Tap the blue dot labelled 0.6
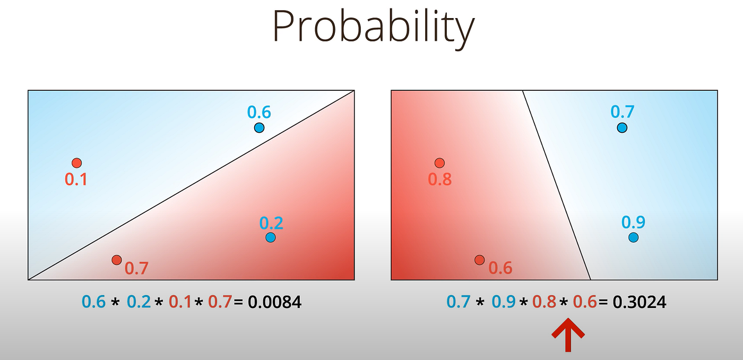click(259, 127)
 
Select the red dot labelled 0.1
click(76, 162)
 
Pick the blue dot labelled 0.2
click(271, 237)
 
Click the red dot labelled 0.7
click(117, 260)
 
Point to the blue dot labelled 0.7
click(622, 127)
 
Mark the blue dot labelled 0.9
click(633, 237)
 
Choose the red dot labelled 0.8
click(439, 162)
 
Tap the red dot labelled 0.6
click(480, 260)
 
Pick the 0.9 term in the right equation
click(504, 303)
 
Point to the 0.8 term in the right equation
click(544, 303)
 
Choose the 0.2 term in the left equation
click(139, 303)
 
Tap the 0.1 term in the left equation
click(180, 303)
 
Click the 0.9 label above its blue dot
click(634, 222)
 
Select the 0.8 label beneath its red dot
click(440, 179)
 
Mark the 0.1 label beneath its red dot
click(76, 179)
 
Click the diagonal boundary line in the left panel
click(191, 185)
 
